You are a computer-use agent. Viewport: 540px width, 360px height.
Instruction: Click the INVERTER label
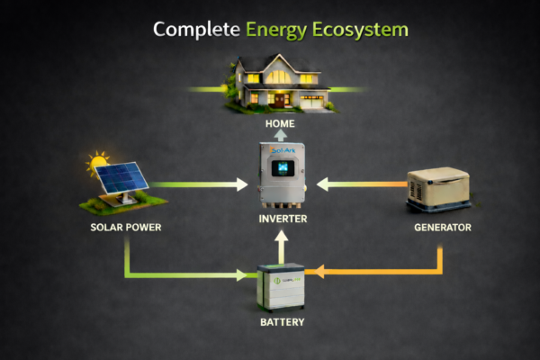[282, 219]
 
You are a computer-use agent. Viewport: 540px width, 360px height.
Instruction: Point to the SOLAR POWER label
[126, 227]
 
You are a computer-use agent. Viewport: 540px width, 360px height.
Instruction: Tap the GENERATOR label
[442, 227]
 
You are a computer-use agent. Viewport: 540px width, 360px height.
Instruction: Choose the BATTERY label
[282, 321]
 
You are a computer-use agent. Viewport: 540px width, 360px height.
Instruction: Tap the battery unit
[282, 287]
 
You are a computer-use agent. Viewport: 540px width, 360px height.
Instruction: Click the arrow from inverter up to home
[282, 135]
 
